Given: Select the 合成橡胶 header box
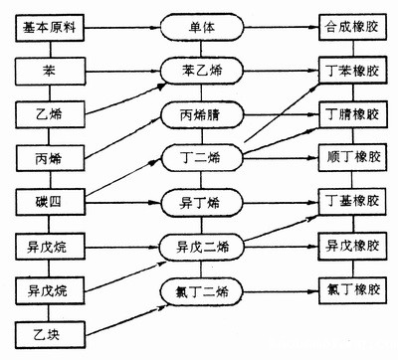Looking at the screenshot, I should (x=351, y=25).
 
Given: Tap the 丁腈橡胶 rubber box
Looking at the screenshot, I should (x=351, y=113).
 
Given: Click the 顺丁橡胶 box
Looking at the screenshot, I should (x=351, y=157).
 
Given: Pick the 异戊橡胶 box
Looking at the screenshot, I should (x=351, y=246).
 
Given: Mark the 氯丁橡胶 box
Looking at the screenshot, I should (x=351, y=290).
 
